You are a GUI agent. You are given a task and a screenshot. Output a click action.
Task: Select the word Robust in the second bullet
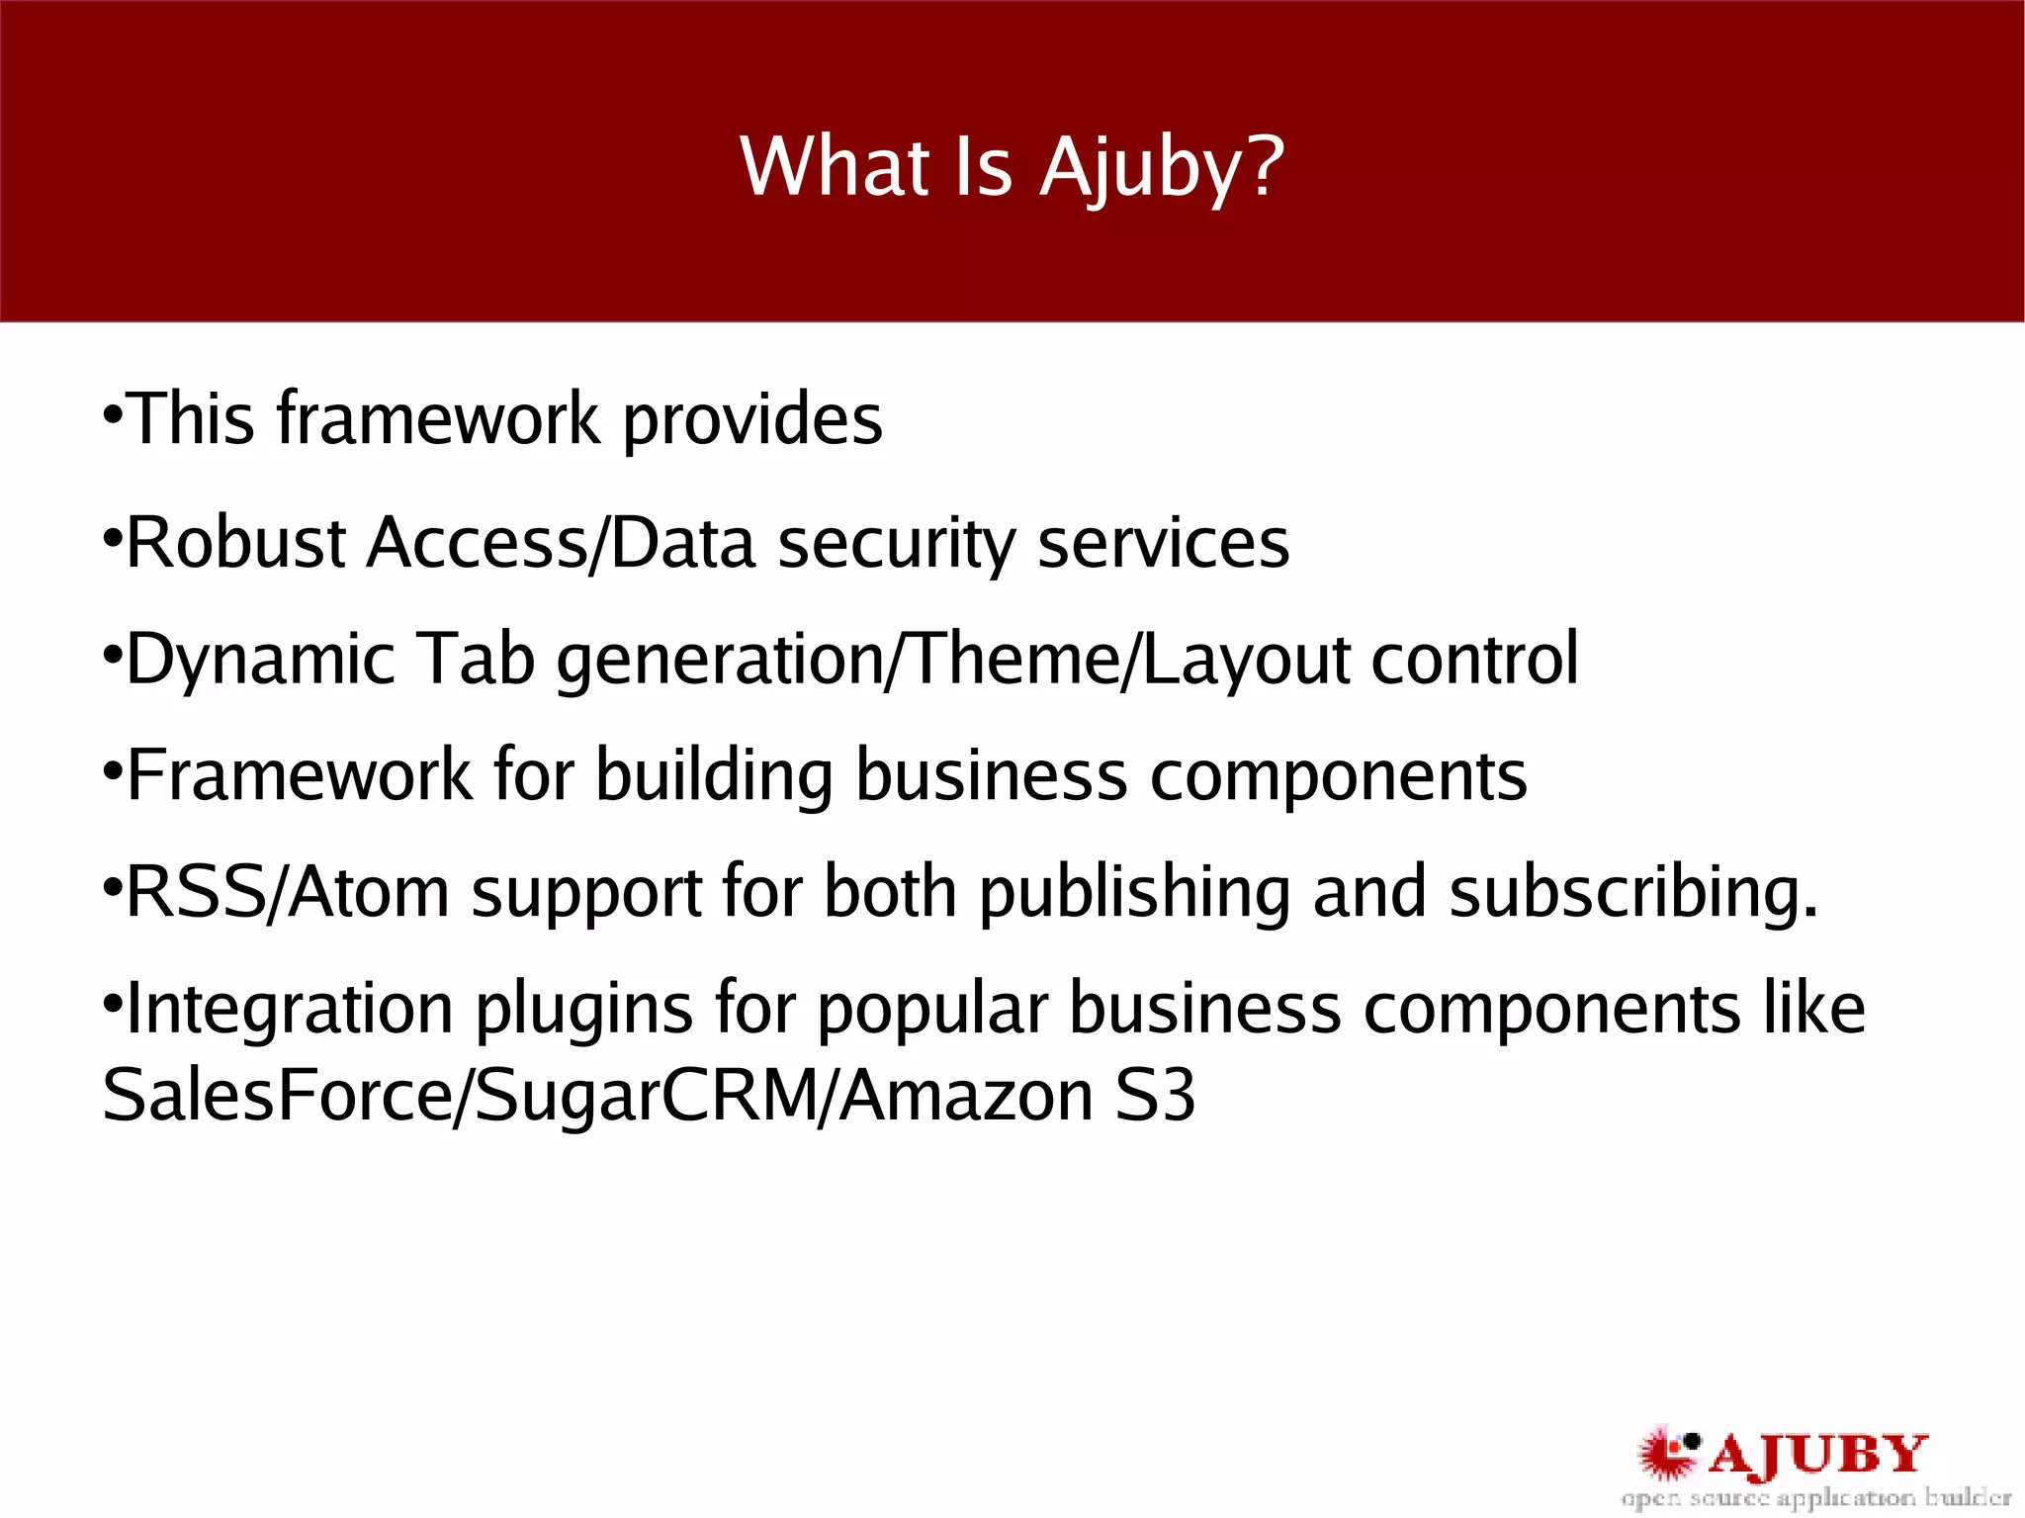pos(236,543)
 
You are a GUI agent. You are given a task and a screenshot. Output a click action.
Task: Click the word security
pos(896,543)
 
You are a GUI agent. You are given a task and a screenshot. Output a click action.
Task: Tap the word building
pos(714,775)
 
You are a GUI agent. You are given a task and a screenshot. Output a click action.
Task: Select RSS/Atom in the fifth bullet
pos(288,892)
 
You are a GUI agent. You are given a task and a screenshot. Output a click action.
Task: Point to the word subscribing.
pos(1632,892)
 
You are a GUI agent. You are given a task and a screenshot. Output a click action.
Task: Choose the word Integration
pos(290,1009)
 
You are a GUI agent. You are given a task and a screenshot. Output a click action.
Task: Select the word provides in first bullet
pos(751,420)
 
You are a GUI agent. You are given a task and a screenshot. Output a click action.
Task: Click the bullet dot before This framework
pos(112,409)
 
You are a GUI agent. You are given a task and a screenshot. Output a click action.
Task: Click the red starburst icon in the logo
pos(1666,1453)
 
